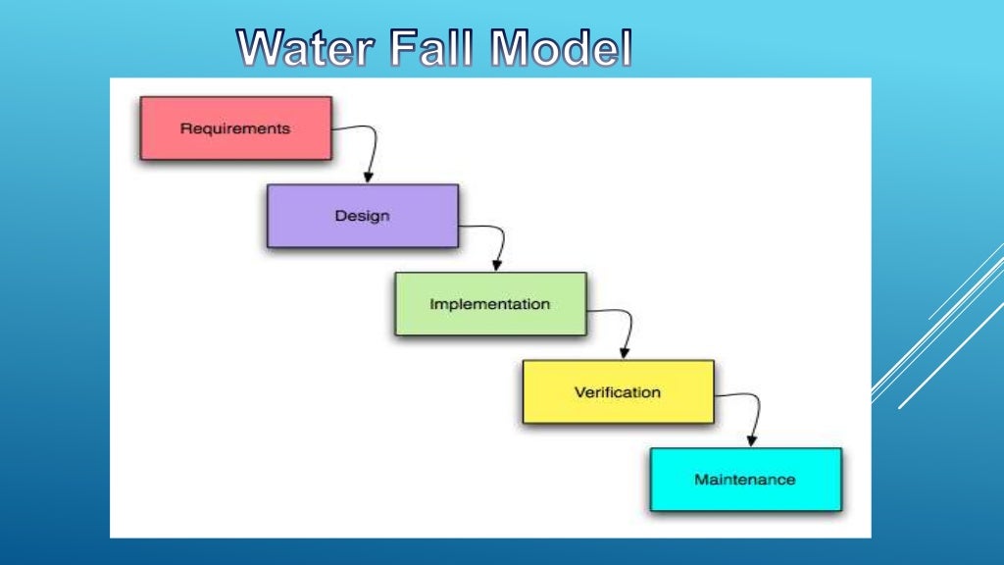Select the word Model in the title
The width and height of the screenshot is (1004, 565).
click(561, 49)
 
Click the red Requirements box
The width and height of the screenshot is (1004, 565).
click(235, 128)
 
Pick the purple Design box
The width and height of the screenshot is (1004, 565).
click(362, 216)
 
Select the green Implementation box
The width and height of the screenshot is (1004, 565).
click(490, 304)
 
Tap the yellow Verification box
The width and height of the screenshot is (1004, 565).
click(618, 392)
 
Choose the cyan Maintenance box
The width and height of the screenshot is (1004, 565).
click(745, 480)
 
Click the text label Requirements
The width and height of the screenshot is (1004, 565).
click(235, 128)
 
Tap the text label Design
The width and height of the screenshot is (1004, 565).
click(362, 216)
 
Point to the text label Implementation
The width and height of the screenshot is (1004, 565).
click(490, 304)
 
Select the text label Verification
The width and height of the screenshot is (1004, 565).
click(618, 392)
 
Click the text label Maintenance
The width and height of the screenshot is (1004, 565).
click(745, 480)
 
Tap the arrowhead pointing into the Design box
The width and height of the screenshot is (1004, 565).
click(369, 177)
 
